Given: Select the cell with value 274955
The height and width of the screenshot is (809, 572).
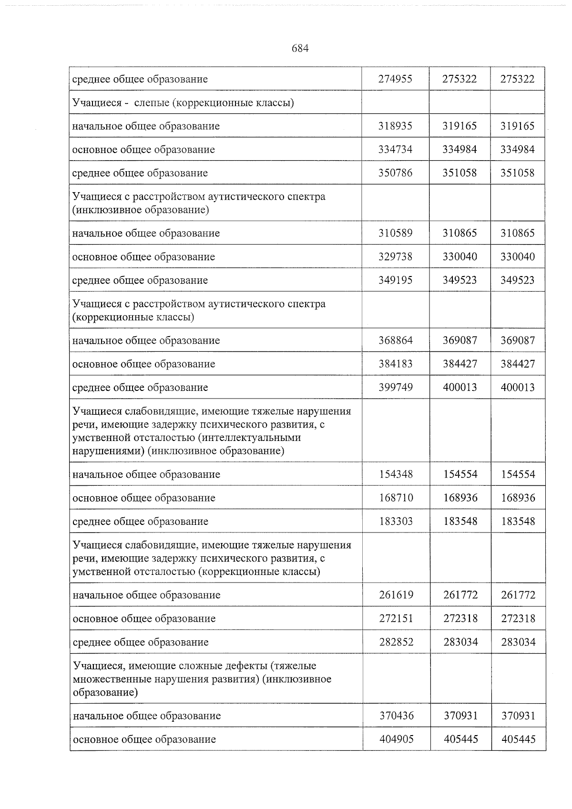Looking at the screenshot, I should coord(395,79).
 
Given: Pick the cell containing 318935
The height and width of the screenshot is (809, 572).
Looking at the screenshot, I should coord(395,126).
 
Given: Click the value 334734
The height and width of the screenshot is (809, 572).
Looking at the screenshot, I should coord(395,150).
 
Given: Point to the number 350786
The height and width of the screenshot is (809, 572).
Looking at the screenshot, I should coord(395,173).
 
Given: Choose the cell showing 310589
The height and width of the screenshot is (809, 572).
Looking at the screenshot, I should coord(395,234).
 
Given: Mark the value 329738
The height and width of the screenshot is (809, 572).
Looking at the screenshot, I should coord(395,257).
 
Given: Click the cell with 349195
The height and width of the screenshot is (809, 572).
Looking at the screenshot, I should coord(395,280).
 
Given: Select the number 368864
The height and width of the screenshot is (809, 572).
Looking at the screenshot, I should coord(396,341).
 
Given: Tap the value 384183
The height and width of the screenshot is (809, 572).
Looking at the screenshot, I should coord(396,364).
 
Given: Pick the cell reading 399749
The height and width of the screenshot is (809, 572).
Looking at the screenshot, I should coord(396,388).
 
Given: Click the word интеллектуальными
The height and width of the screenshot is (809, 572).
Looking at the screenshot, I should coord(252,438).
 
